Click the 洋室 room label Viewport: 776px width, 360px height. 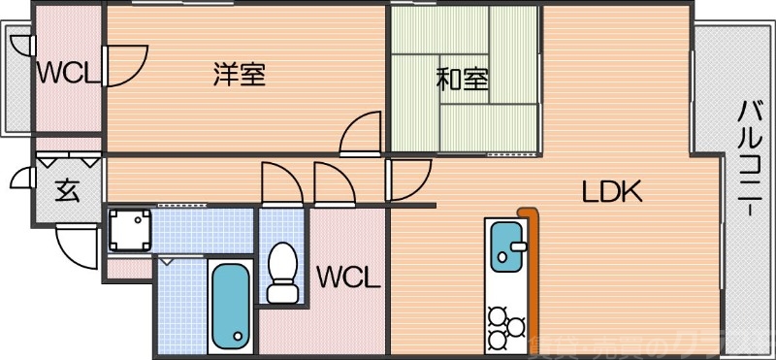click(240, 74)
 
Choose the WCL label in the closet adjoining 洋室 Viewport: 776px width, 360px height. click(68, 72)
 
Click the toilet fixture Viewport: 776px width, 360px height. click(282, 272)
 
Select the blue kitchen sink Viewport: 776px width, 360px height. click(506, 246)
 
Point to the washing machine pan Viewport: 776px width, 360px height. click(130, 230)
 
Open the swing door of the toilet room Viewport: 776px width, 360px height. click(278, 182)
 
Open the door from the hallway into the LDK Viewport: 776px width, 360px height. click(407, 179)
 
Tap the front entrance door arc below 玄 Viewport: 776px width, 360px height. click(75, 244)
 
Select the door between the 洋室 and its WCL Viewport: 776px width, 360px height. click(124, 66)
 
